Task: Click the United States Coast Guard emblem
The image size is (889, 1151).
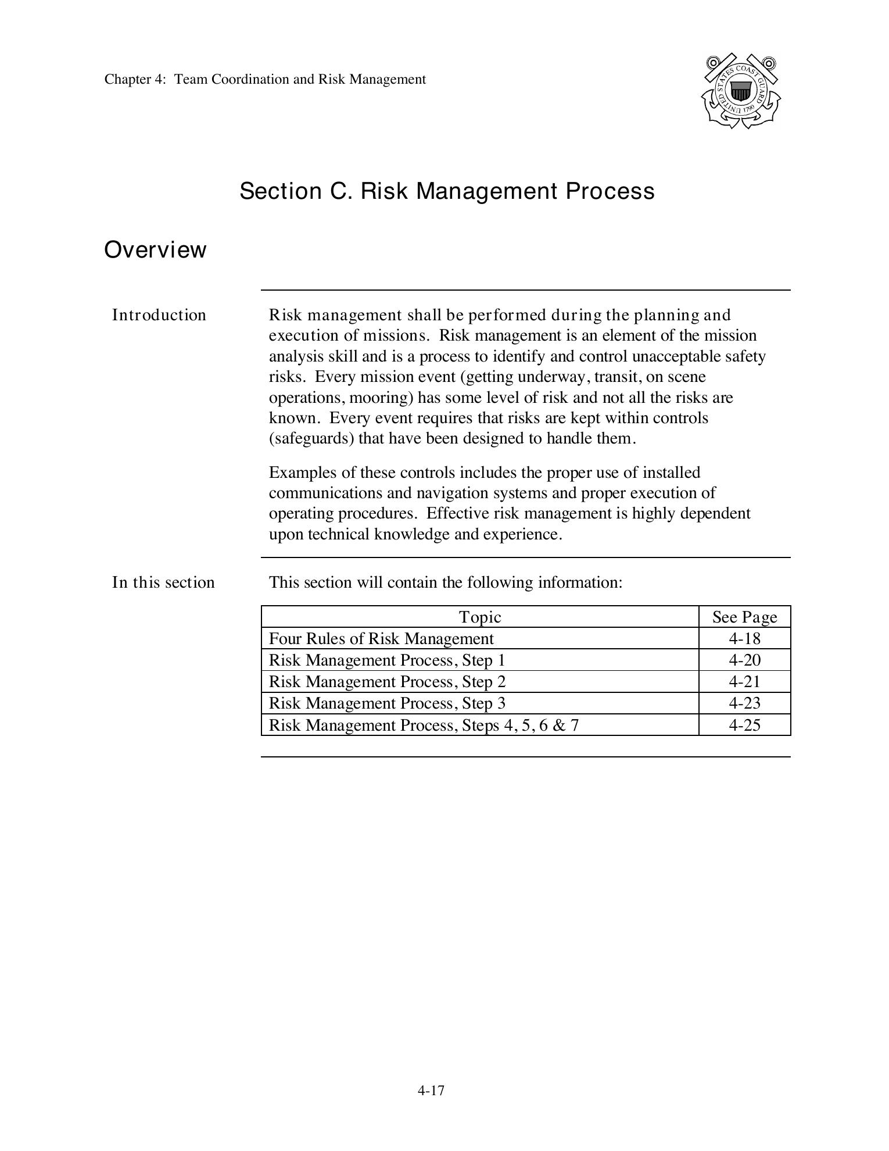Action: tap(740, 91)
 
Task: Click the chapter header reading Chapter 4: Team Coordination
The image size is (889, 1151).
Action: tap(265, 79)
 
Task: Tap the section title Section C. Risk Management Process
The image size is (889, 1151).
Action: tap(447, 191)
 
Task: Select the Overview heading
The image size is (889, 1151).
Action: tap(155, 250)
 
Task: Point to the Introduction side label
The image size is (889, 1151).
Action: tap(159, 315)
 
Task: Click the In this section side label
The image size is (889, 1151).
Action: tap(163, 582)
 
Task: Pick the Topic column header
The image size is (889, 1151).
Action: tap(480, 617)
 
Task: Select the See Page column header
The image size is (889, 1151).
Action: tap(744, 617)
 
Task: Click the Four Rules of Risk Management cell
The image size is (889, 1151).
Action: tap(381, 639)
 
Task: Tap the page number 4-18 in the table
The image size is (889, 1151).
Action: tap(744, 639)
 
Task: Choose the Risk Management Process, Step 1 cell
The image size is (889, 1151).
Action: tap(387, 660)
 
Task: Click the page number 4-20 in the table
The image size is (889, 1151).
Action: tap(744, 660)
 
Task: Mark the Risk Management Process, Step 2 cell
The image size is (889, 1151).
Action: tap(387, 682)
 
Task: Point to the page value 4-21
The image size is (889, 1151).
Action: tap(744, 682)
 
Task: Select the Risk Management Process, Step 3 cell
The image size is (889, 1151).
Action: tap(387, 703)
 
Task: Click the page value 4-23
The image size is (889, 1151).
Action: tap(744, 703)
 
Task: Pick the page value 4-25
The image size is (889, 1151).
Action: tap(744, 725)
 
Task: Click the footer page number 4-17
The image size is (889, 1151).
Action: tap(431, 1091)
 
